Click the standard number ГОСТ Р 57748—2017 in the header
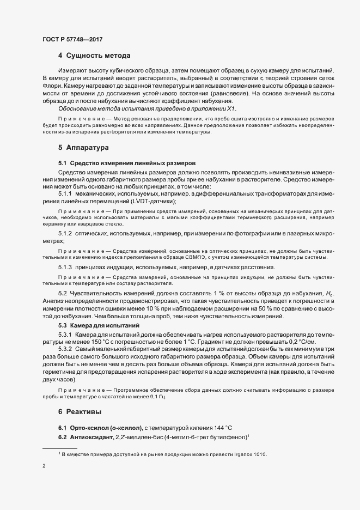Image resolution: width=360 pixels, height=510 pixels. (x=72, y=39)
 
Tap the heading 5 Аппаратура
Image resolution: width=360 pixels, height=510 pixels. (x=84, y=148)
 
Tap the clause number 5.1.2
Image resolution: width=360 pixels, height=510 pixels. (x=65, y=234)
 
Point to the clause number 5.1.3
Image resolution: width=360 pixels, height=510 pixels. (x=65, y=267)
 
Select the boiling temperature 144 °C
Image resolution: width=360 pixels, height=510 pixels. (x=227, y=427)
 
